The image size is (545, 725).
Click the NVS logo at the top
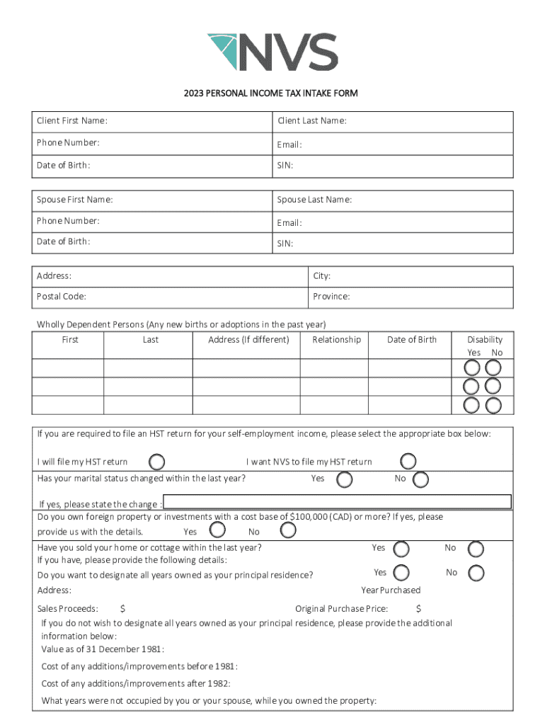(272, 52)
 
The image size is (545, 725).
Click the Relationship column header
(336, 340)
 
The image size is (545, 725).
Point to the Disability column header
(485, 340)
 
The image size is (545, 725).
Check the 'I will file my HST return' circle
(157, 462)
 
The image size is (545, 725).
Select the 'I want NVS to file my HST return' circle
(408, 462)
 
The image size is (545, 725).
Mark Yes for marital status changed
(345, 480)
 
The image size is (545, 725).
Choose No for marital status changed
(420, 480)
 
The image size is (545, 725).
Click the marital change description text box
(337, 502)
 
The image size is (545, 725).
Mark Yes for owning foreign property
(217, 530)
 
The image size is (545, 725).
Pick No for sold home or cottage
(476, 549)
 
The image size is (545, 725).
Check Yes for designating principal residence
(401, 573)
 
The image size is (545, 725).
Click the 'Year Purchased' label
(391, 590)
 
